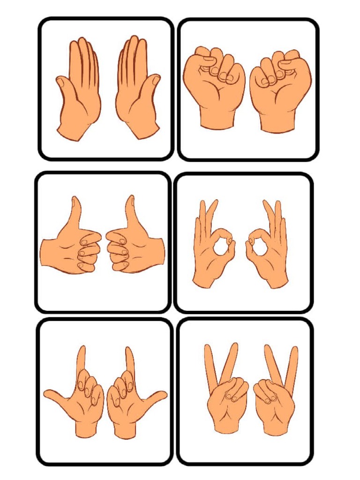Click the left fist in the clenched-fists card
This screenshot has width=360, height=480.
pyautogui.click(x=214, y=80)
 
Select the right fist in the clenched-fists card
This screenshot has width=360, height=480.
pyautogui.click(x=280, y=82)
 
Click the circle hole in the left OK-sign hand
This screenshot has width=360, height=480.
pyautogui.click(x=221, y=246)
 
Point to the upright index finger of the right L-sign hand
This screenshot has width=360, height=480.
pyautogui.click(x=129, y=361)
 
